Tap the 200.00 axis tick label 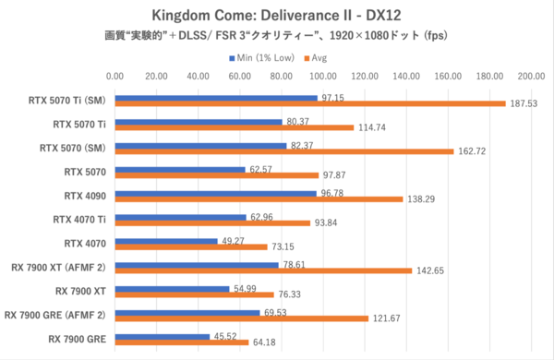coord(532,76)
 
